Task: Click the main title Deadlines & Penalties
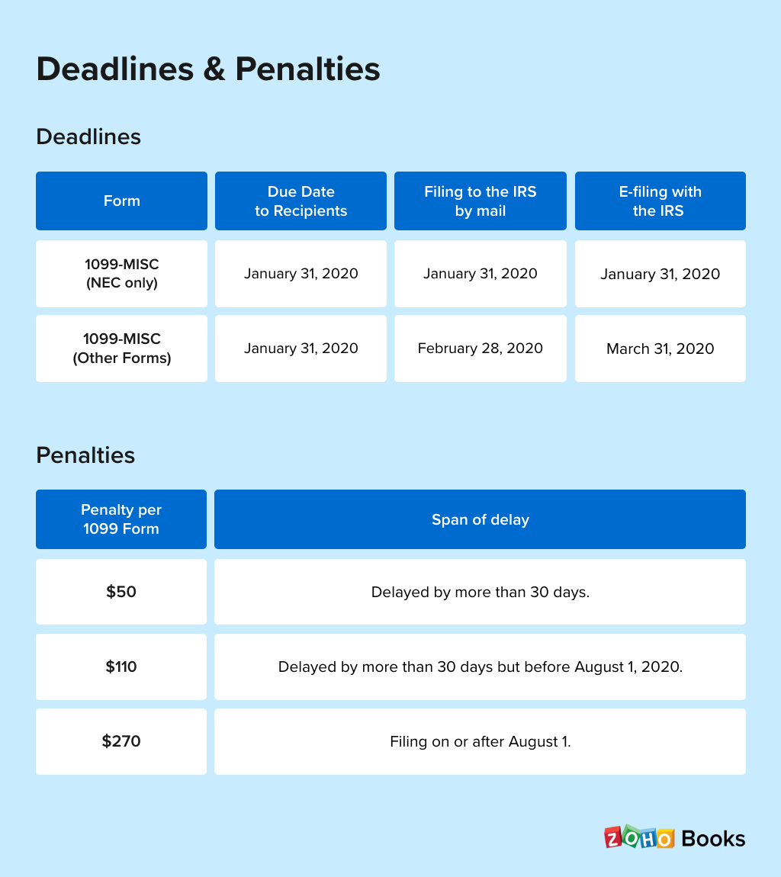(x=208, y=69)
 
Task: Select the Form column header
(x=122, y=201)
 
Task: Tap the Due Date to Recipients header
(x=301, y=201)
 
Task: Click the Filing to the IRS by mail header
(x=480, y=201)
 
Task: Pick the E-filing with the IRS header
(x=660, y=201)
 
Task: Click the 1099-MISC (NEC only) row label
(x=122, y=274)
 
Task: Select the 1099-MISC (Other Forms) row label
(x=122, y=349)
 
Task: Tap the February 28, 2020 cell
(x=480, y=349)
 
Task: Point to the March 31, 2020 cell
(x=660, y=349)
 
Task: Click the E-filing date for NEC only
(x=660, y=274)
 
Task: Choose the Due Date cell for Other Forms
(x=301, y=349)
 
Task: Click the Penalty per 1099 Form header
(x=121, y=519)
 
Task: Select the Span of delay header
(x=480, y=519)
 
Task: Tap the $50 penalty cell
(x=121, y=592)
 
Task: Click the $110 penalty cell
(x=121, y=667)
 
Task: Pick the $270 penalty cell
(x=121, y=741)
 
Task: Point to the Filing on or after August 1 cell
(x=480, y=741)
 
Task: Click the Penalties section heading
(x=85, y=455)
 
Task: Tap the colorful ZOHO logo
(x=639, y=838)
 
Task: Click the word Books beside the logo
(x=713, y=839)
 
